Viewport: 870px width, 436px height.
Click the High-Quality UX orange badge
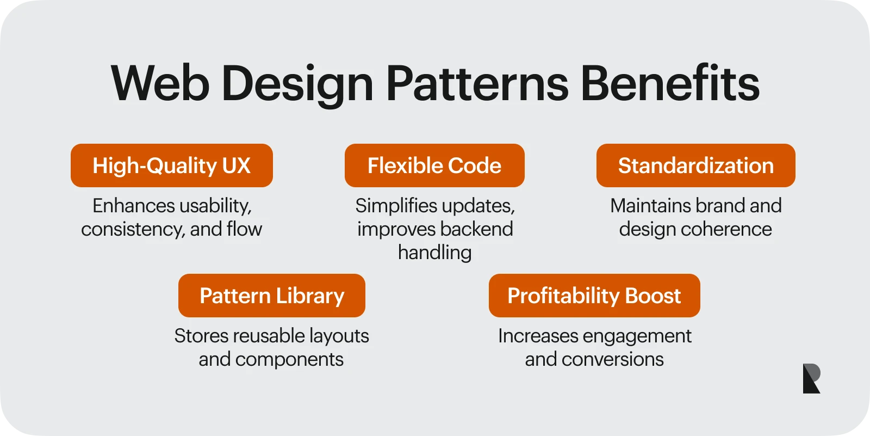tap(172, 165)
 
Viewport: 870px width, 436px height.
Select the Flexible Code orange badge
tap(434, 165)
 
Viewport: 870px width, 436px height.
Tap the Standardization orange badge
tap(696, 165)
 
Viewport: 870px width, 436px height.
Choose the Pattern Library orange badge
tap(272, 296)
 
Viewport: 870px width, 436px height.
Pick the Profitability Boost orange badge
tap(594, 296)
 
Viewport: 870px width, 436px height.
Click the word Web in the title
tap(160, 84)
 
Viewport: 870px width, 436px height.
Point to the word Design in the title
tap(297, 85)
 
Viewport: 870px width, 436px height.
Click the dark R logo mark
tap(811, 378)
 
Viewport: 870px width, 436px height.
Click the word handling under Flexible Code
tap(434, 253)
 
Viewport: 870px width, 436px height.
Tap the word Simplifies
tap(395, 206)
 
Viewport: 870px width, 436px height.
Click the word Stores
tap(201, 336)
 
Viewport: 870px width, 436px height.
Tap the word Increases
tap(538, 336)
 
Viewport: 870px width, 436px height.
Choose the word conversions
tap(612, 360)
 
